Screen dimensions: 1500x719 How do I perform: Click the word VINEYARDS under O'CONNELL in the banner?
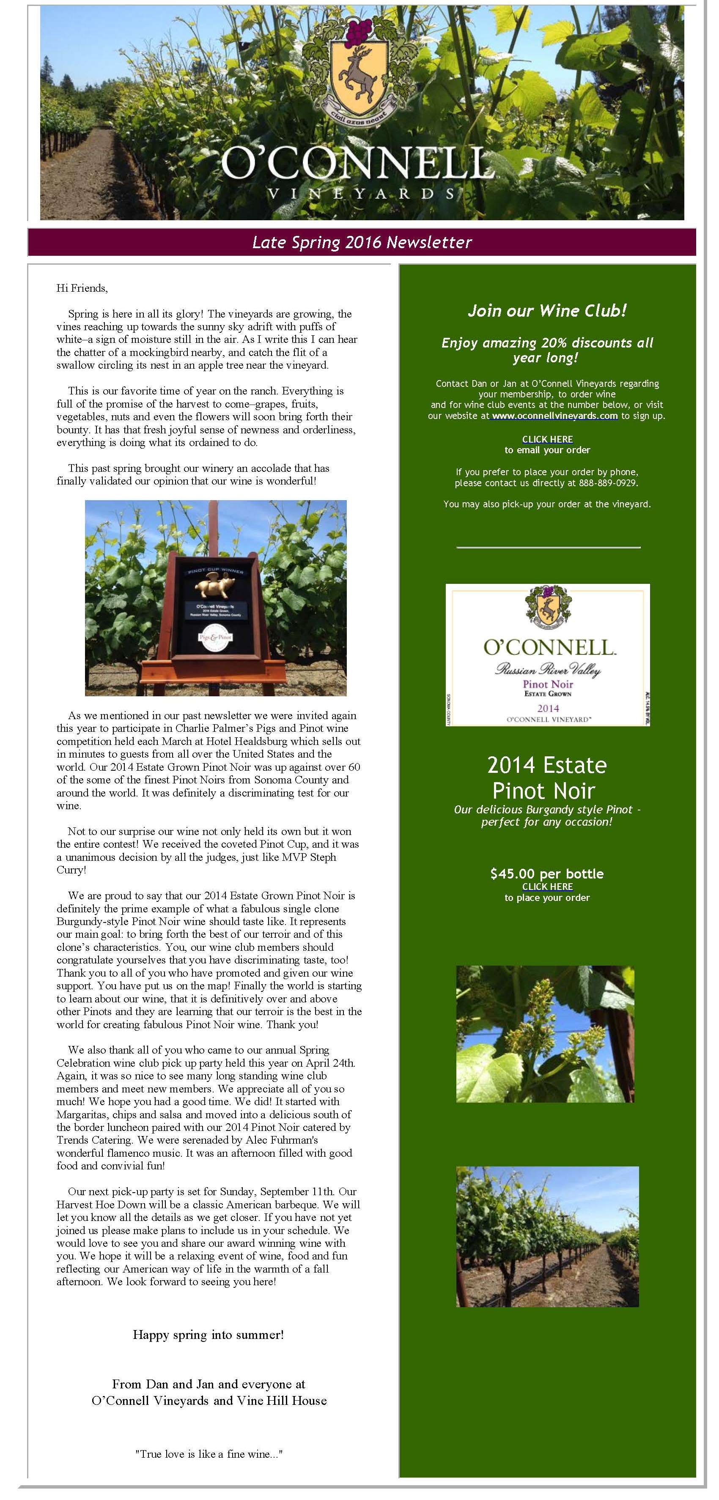[360, 193]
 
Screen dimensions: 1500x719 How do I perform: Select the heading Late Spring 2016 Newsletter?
[361, 242]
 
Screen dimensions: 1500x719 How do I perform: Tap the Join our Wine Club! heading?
[546, 310]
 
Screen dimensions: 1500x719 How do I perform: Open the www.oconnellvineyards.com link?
[555, 416]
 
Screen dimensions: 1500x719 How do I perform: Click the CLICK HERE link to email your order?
[547, 439]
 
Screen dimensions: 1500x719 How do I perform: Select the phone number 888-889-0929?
[608, 483]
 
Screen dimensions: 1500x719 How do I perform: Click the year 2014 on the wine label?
[548, 708]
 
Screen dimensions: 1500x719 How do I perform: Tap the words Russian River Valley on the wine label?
[548, 670]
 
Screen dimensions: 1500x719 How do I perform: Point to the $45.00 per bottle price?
[546, 873]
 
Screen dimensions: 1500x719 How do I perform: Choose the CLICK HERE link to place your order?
[547, 886]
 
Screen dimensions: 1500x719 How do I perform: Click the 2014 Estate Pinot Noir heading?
[546, 777]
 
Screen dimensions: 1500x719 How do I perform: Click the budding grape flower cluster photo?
[545, 1034]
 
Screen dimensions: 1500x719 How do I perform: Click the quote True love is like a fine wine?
[209, 1453]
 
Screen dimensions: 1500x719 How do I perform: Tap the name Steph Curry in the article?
[71, 870]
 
